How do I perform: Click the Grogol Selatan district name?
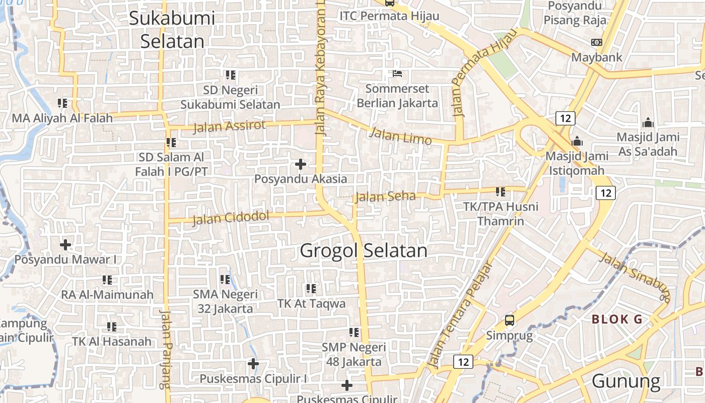tap(363, 250)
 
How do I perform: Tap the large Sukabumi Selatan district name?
tap(172, 30)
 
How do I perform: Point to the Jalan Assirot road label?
tap(229, 126)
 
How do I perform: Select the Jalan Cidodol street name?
tap(231, 218)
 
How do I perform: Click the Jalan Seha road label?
tap(386, 196)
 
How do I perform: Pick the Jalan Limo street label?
tap(400, 136)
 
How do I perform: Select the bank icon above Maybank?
tap(597, 42)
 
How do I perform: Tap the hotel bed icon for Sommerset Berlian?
tap(397, 74)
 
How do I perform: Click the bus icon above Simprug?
tap(510, 320)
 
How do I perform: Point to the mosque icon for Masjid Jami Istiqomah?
tap(577, 141)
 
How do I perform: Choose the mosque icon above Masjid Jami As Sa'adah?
tap(648, 122)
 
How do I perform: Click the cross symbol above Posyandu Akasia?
tap(301, 164)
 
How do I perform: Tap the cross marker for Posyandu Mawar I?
tap(65, 245)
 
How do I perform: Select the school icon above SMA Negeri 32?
tap(225, 279)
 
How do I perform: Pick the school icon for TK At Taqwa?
tap(311, 289)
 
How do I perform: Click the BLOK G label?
tap(617, 319)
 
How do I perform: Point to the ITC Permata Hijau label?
tap(389, 16)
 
